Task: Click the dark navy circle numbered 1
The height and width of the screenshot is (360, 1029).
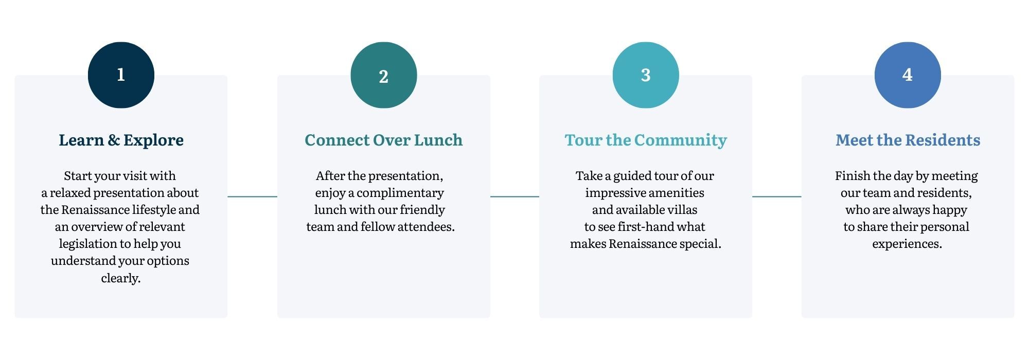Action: pos(121,75)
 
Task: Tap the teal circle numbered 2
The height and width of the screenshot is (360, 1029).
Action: pos(383,75)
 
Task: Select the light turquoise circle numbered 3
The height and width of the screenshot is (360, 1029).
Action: pos(646,75)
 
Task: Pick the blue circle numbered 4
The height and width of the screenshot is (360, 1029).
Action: pos(908,75)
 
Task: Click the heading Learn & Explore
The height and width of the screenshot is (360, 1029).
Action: pos(121,140)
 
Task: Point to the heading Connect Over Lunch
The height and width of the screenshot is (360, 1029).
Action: pos(383,140)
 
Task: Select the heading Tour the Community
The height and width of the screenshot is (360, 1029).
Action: pos(646,140)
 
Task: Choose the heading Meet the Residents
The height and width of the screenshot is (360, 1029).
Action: pos(908,140)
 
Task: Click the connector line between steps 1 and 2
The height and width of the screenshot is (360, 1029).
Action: pos(252,196)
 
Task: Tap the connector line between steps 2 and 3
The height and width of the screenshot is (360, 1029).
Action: pos(514,196)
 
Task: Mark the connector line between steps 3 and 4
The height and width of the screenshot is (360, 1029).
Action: pos(777,196)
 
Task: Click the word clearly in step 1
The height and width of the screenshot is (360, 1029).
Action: pos(120,278)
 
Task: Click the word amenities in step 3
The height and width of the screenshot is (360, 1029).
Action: pos(673,193)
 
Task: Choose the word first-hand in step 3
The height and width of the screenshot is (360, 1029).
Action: pos(643,227)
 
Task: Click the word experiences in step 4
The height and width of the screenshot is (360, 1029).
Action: pos(907,244)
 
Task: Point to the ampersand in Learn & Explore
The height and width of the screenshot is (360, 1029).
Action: pos(114,140)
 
